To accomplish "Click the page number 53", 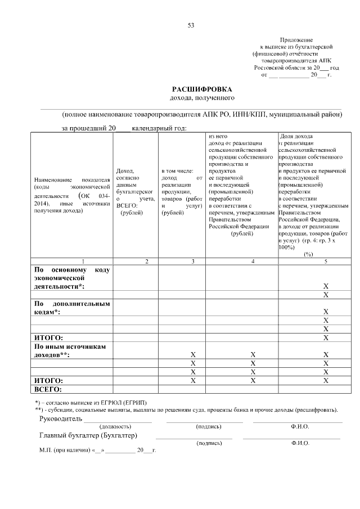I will pos(191,25).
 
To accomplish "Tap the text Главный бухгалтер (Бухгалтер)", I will pos(88,435).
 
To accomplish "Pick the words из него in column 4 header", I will pos(218,136).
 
